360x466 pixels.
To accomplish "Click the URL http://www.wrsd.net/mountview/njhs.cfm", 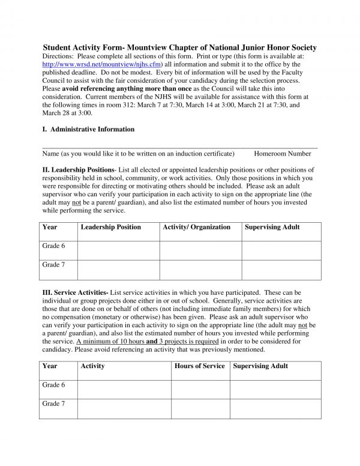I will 103,64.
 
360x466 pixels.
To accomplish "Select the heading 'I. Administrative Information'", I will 88,129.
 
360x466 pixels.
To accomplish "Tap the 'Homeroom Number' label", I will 282,154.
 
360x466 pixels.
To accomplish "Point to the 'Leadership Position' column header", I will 110,227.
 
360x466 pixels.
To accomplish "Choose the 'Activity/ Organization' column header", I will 196,227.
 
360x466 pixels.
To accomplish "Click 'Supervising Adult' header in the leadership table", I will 272,227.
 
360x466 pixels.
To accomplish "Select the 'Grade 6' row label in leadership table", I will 53,246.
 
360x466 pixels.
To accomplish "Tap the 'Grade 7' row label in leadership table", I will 53,265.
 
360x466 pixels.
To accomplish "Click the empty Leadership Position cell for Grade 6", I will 118,250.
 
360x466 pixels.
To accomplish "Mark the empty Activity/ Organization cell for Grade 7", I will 200,270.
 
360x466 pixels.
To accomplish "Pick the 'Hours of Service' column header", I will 199,366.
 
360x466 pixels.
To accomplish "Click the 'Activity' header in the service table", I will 92,366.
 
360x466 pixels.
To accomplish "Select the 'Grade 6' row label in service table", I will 53,384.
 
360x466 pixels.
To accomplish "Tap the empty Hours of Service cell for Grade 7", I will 200,408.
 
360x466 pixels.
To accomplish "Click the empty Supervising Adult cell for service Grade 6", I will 275,389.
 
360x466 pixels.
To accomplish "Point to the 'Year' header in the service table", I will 50,366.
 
